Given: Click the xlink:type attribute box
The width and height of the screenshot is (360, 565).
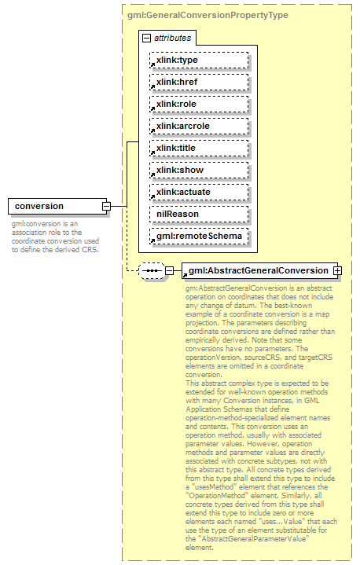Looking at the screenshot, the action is [x=198, y=60].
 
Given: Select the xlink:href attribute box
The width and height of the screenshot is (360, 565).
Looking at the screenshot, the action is [x=198, y=82].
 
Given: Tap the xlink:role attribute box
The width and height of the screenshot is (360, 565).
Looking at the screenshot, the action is [x=198, y=104].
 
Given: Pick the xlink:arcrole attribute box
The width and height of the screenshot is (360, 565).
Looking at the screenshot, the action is [x=198, y=126].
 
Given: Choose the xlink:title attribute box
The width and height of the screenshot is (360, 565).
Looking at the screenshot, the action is [x=198, y=148].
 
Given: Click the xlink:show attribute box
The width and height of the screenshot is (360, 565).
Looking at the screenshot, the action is [x=198, y=170].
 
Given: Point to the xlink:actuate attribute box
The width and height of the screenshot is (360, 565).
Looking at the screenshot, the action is [x=198, y=192].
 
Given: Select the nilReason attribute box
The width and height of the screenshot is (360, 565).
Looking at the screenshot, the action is [x=198, y=214].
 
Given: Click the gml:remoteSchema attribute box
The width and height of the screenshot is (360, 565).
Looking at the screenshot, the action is [x=198, y=236].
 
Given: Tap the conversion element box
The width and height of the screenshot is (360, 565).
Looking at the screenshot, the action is [x=55, y=207].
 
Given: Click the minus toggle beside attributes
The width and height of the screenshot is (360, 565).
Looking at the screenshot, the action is [x=146, y=38].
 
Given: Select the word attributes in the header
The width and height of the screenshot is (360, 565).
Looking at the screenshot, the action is [x=172, y=38].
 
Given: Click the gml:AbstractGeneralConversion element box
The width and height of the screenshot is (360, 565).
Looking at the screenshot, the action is [x=257, y=271].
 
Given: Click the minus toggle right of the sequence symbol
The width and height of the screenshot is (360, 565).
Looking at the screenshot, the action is [x=169, y=271].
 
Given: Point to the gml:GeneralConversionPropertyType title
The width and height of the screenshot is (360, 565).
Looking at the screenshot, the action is [x=207, y=14].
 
